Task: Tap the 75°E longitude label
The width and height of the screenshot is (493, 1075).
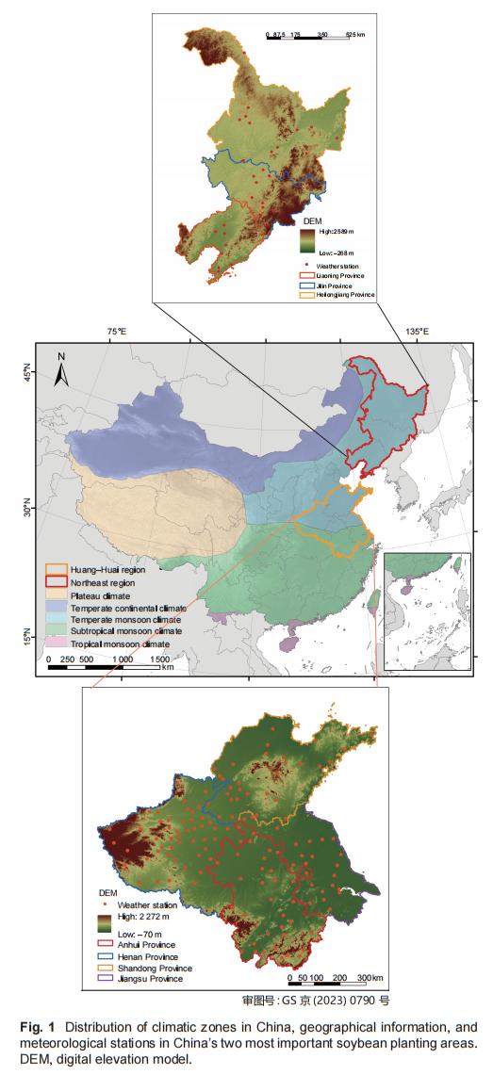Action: click(116, 332)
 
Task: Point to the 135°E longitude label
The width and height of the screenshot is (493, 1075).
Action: click(416, 332)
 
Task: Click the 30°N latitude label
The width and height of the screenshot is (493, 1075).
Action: click(27, 510)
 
